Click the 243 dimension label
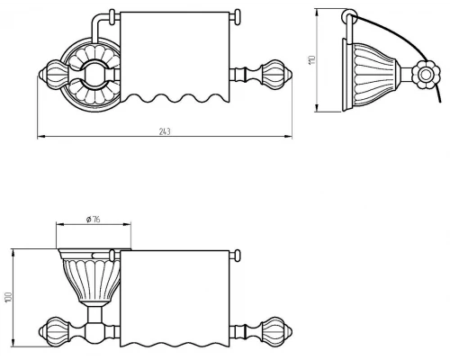165,131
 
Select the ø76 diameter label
94,220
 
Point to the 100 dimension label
8,297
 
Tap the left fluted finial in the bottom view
54,331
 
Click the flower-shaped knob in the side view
426,75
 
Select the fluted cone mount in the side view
372,75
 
